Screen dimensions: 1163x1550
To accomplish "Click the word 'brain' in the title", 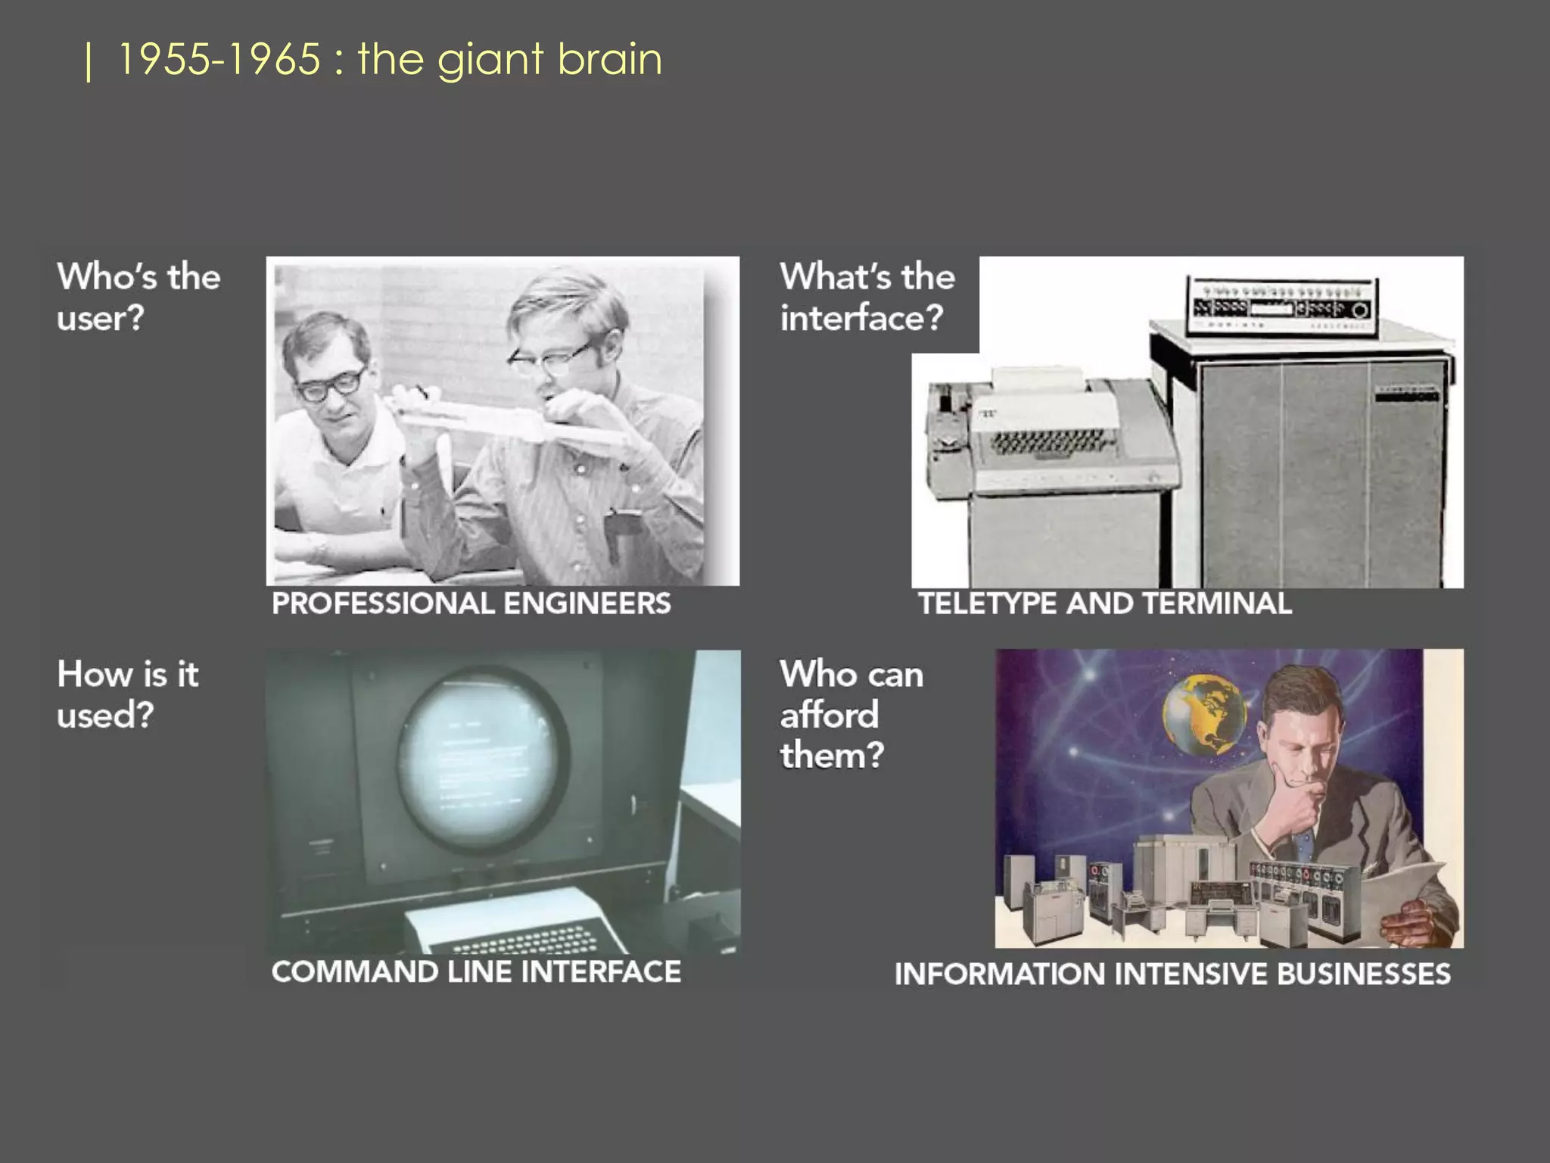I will pos(609,59).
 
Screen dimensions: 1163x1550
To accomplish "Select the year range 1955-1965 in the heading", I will pos(219,59).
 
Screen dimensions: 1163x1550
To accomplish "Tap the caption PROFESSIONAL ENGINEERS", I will pos(471,603).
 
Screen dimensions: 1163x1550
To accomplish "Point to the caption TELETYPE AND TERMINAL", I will pos(1104,603).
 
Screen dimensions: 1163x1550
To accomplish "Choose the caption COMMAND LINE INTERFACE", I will pos(476,971).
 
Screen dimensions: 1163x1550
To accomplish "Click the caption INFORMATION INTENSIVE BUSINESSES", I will pos(1172,974).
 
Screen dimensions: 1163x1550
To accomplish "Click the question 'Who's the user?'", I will pos(139,297).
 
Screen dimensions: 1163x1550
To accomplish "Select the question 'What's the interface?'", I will pos(867,297).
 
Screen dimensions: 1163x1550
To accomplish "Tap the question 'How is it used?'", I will pos(128,694).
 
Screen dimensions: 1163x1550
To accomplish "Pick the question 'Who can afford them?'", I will pos(851,714).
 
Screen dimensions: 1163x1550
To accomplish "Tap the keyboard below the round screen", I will pos(522,936).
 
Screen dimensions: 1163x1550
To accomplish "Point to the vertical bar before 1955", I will pos(89,62).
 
